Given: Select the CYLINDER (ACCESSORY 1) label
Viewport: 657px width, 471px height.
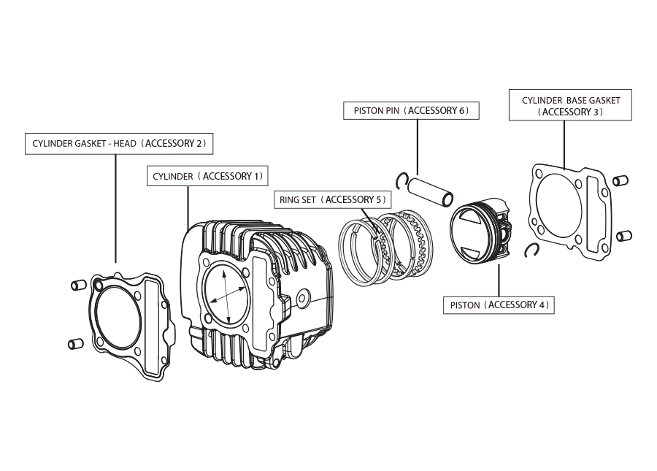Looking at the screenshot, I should point(207,177).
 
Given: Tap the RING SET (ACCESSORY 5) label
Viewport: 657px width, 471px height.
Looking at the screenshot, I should point(332,199).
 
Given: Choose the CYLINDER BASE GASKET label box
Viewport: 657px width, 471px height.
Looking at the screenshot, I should point(570,105).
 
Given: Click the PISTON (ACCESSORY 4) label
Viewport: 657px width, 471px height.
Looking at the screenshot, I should point(499,305).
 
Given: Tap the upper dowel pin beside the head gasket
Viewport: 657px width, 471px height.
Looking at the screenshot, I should point(78,284).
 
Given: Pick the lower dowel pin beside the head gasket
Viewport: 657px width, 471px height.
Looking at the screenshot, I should point(76,342).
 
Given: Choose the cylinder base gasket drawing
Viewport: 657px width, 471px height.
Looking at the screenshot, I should point(569,212).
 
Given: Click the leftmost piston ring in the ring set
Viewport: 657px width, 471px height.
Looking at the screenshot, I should point(361,248).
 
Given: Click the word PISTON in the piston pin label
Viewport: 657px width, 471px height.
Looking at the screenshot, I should point(366,111).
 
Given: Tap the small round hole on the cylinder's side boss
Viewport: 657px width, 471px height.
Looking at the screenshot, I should point(303,296).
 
